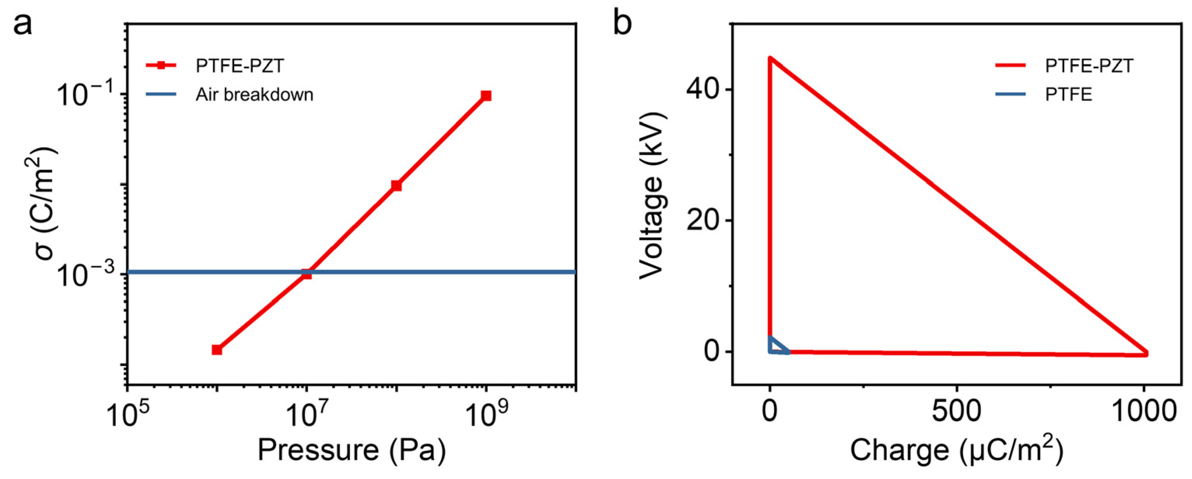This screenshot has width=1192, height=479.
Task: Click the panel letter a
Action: [23, 24]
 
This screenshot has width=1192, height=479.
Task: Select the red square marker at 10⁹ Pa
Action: [486, 96]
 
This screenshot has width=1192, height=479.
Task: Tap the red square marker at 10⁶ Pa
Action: [217, 350]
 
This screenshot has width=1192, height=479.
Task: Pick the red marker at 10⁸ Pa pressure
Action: [396, 186]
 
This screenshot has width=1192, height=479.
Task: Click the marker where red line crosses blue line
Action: [306, 274]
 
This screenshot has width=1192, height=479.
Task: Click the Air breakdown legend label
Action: [254, 95]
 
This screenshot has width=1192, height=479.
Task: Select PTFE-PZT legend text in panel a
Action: [239, 66]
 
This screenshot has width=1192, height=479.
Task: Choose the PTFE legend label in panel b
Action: [1068, 95]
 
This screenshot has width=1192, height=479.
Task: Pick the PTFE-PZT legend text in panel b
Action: [1089, 66]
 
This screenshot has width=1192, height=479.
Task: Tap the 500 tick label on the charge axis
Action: [956, 411]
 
